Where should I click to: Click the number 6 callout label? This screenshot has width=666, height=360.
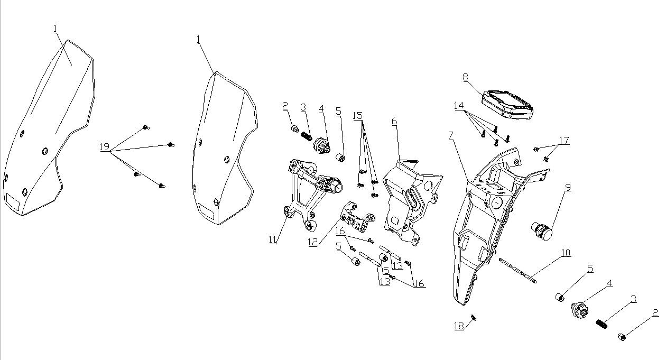pyautogui.click(x=394, y=121)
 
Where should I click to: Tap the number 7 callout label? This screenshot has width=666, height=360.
pyautogui.click(x=450, y=136)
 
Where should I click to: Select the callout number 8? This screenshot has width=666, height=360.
pyautogui.click(x=465, y=78)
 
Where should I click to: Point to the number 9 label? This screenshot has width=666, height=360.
pyautogui.click(x=568, y=187)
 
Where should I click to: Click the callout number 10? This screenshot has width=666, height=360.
pyautogui.click(x=566, y=253)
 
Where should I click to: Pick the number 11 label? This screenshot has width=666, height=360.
pyautogui.click(x=273, y=239)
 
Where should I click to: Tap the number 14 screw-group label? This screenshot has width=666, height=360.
pyautogui.click(x=458, y=106)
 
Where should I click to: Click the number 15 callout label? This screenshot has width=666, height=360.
pyautogui.click(x=358, y=115)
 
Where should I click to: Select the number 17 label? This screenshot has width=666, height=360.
pyautogui.click(x=564, y=141)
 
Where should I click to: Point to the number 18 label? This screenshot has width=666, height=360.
pyautogui.click(x=459, y=326)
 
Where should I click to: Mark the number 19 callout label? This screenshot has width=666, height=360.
pyautogui.click(x=104, y=146)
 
